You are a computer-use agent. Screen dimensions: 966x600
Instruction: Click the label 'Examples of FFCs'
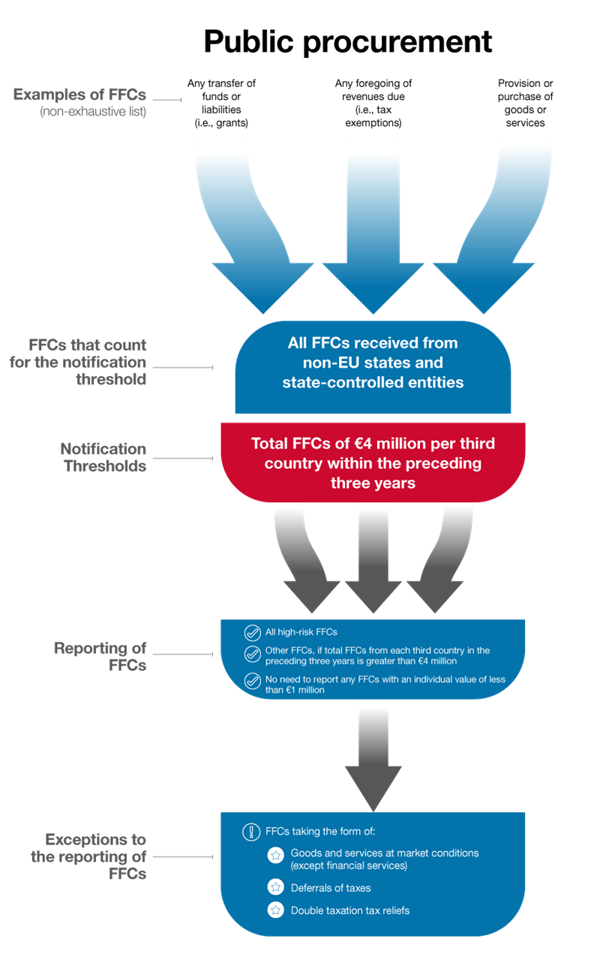(79, 95)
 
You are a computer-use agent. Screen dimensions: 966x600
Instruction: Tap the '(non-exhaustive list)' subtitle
(93, 113)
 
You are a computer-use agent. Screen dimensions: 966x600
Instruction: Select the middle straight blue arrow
(373, 225)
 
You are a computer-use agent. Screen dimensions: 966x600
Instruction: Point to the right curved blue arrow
(499, 225)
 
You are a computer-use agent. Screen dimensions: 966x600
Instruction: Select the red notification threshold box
(373, 462)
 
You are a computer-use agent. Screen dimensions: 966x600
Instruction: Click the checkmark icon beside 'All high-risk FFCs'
(252, 632)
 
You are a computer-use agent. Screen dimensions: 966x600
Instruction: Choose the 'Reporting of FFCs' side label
(100, 656)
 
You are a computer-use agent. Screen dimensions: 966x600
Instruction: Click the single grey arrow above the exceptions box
(373, 758)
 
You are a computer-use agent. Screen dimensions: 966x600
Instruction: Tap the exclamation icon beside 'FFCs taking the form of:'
(250, 832)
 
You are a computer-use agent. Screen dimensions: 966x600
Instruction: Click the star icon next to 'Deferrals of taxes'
(275, 888)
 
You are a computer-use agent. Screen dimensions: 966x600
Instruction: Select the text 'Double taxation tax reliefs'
(350, 910)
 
